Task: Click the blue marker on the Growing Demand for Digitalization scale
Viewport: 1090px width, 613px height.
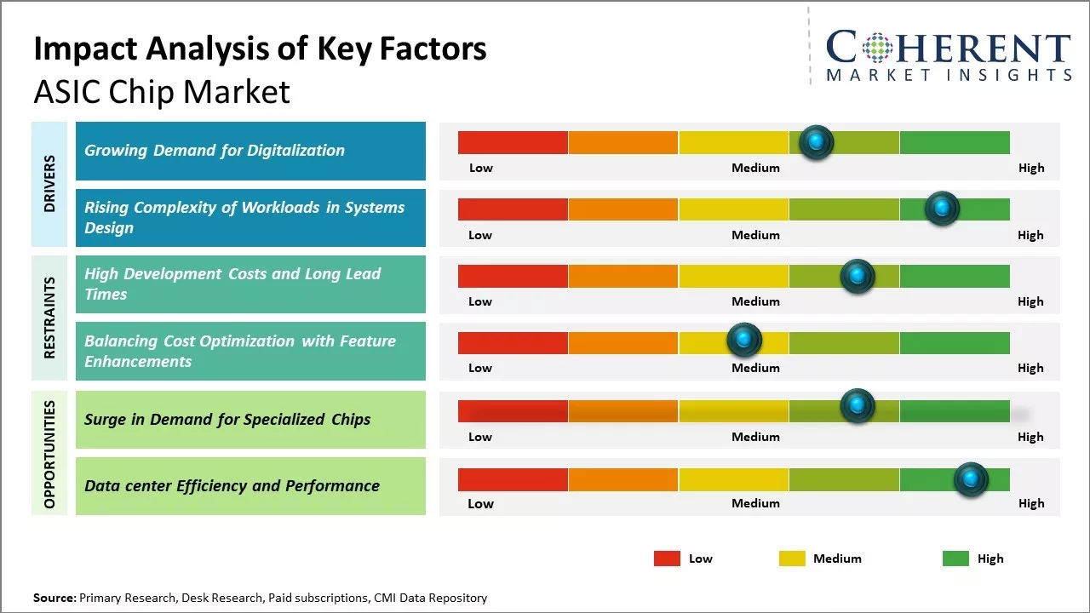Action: [817, 142]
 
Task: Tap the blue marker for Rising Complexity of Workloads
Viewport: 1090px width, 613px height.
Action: [942, 209]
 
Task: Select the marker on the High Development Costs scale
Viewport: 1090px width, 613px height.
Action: [858, 276]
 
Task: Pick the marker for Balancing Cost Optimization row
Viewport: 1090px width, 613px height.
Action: [744, 341]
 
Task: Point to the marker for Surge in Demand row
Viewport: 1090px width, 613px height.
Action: [858, 406]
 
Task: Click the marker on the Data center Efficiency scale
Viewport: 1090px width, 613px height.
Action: [971, 479]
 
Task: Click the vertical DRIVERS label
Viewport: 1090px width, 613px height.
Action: [50, 184]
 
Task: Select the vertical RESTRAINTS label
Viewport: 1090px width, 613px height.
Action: [50, 318]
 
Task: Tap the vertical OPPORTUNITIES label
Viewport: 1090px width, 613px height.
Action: [50, 454]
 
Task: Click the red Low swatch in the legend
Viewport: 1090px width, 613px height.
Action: [667, 559]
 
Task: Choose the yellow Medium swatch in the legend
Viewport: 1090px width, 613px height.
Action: [792, 559]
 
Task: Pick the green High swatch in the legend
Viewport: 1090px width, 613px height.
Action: [955, 559]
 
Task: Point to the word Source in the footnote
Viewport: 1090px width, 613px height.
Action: [54, 598]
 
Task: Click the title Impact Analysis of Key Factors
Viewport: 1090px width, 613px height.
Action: [260, 49]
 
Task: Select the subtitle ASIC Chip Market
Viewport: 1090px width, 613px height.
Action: [162, 92]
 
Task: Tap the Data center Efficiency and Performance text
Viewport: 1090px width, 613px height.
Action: [232, 486]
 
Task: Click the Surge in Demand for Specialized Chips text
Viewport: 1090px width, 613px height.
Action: [227, 419]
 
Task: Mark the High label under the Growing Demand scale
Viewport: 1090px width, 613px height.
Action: [1031, 168]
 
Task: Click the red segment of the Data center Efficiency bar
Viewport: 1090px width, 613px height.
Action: [513, 479]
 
